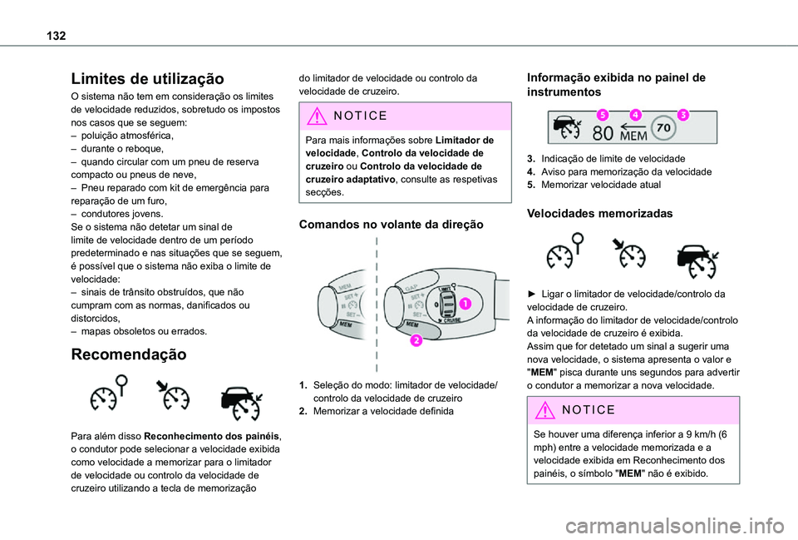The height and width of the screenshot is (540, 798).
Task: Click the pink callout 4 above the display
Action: [x=635, y=115]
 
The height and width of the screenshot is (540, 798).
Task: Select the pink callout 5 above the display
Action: [x=601, y=115]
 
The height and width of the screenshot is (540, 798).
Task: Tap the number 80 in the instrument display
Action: [x=603, y=133]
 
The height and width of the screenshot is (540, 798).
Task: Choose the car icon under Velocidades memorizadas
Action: [x=697, y=260]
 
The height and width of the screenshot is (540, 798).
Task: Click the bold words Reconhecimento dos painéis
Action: [x=212, y=435]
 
